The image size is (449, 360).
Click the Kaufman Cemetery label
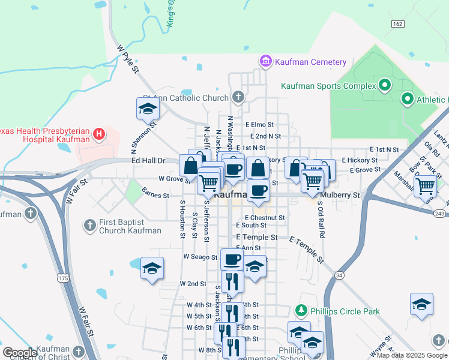click(311, 62)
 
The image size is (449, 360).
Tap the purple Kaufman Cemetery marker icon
click(265, 61)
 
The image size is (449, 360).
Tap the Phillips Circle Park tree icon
click(301, 311)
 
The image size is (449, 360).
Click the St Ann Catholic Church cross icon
click(238, 97)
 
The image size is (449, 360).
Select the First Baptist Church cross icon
click(89, 226)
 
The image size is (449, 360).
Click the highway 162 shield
click(397, 23)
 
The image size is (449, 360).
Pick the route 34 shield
click(339, 275)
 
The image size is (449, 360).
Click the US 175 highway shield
click(63, 277)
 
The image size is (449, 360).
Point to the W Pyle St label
click(128, 59)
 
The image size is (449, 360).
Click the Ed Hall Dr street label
click(148, 161)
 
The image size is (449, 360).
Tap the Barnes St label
click(155, 194)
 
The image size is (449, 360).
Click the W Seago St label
click(200, 257)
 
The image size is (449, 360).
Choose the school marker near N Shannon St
click(148, 108)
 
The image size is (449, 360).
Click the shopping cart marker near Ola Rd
click(425, 185)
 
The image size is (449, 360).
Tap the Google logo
click(20, 353)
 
